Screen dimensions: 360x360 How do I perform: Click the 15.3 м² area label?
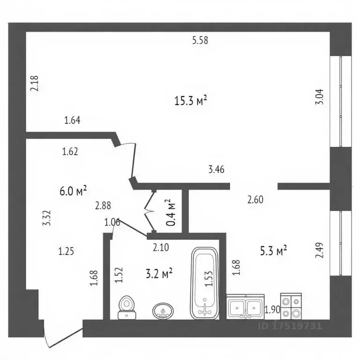click(x=191, y=101)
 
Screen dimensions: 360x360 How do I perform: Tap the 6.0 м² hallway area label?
click(x=73, y=191)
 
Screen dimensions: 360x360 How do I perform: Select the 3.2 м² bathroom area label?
click(x=159, y=274)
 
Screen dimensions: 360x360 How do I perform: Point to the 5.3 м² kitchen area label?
click(x=273, y=251)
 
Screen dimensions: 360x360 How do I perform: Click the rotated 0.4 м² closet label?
click(x=171, y=212)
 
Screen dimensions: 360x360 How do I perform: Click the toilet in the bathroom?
click(x=127, y=307)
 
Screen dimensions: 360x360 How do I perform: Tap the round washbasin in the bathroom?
click(x=163, y=311)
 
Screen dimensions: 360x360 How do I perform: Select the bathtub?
click(x=205, y=283)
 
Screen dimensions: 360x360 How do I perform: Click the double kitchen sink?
click(x=245, y=307)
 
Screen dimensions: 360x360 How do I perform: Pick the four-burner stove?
click(x=291, y=306)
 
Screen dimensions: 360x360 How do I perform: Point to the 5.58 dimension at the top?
click(x=200, y=41)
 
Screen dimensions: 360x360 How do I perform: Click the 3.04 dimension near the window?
click(x=319, y=97)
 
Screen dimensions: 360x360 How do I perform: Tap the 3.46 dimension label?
click(x=216, y=169)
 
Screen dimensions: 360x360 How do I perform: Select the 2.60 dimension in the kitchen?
click(x=255, y=199)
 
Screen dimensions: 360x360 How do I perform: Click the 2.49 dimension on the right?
click(x=319, y=250)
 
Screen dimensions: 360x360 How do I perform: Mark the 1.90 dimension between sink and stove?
click(x=272, y=310)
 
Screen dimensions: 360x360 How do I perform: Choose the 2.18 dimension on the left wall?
click(x=34, y=83)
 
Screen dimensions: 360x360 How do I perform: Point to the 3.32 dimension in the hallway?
click(x=46, y=218)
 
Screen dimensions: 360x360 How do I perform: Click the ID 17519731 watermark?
click(x=290, y=326)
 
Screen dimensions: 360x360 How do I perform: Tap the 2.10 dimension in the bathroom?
click(x=161, y=247)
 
